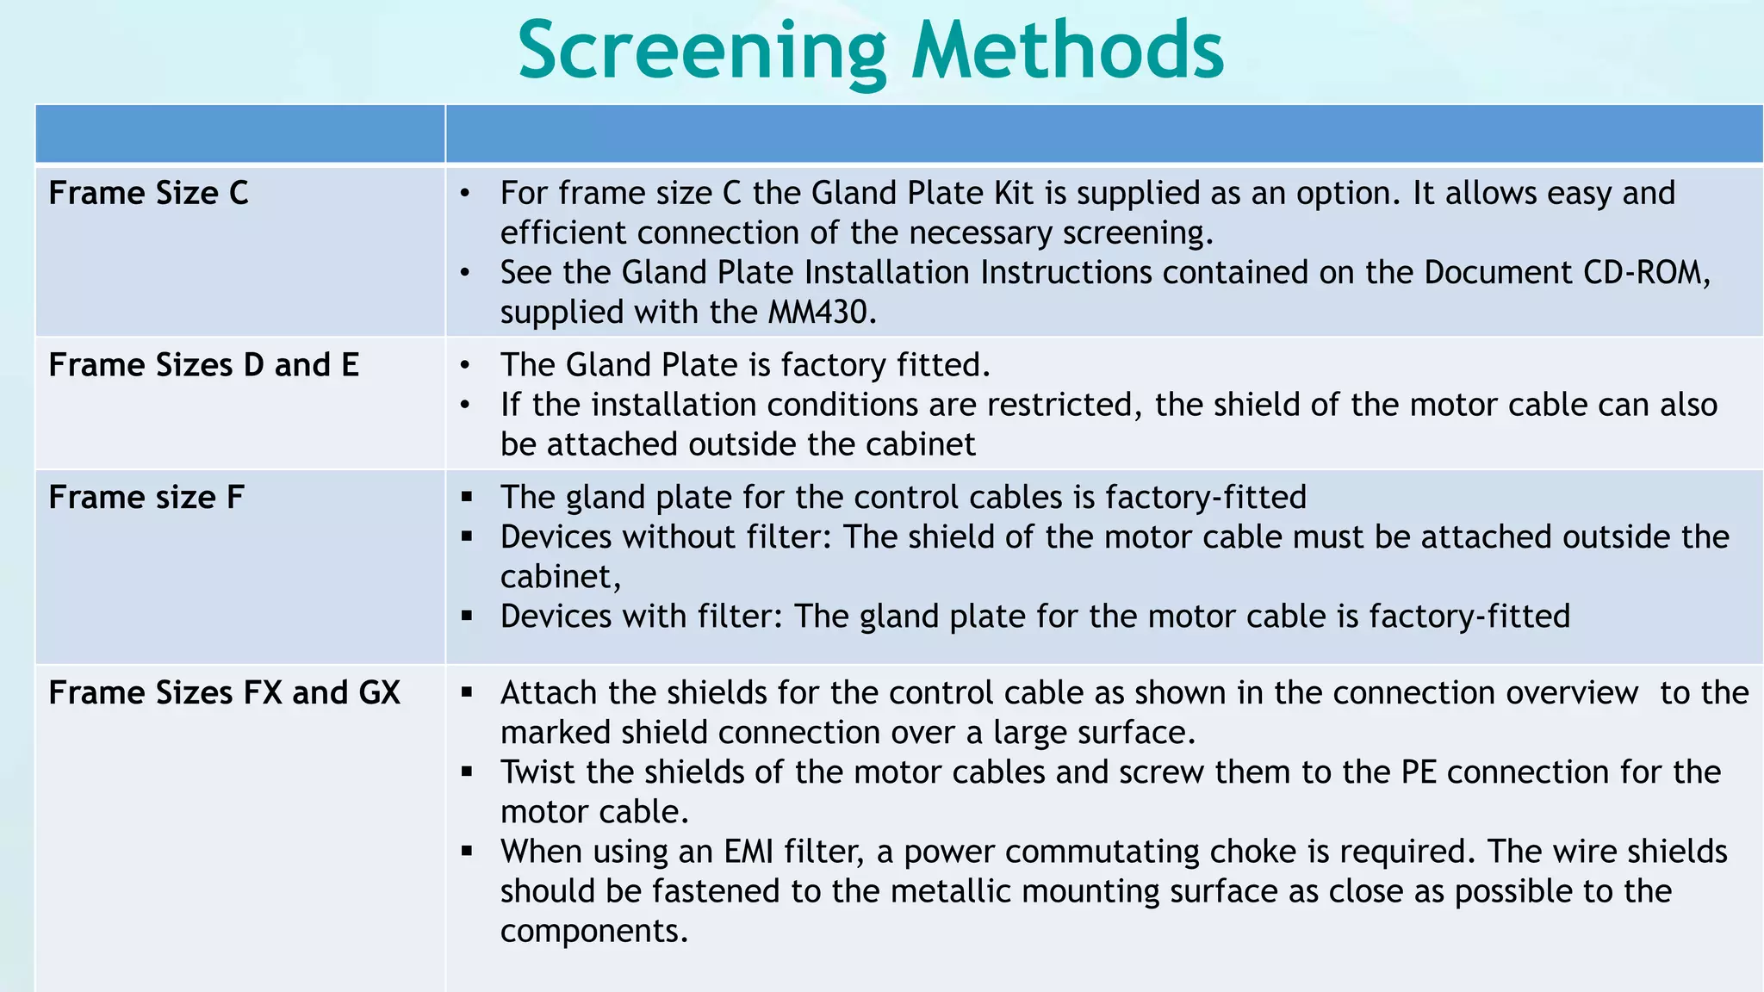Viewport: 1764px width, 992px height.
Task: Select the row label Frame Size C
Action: (148, 193)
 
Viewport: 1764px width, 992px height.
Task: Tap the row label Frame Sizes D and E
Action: (203, 365)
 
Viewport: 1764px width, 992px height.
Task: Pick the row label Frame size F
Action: (146, 498)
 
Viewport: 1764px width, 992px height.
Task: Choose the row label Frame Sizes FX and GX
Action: (224, 693)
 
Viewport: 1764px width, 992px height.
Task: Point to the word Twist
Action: (537, 772)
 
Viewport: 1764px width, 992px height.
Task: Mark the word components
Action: (593, 931)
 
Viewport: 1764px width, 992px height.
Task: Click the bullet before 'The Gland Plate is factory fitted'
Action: (465, 366)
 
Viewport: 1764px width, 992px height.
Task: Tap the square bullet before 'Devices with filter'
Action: (467, 616)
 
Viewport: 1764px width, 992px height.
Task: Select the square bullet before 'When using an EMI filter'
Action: (467, 851)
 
